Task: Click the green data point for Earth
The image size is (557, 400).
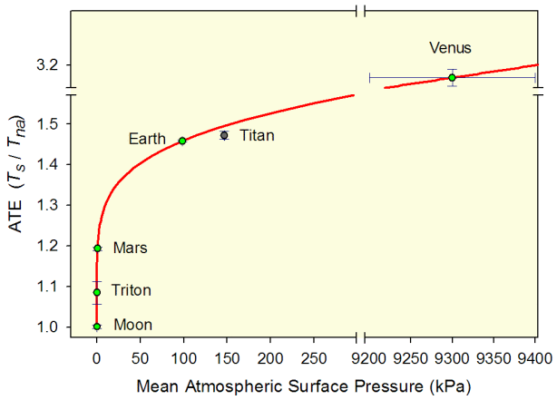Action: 182,141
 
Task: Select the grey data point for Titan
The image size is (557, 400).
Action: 224,135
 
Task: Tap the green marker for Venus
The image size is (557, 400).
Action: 452,77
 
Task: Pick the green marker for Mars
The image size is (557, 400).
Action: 97,248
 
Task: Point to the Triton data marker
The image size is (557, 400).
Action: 97,292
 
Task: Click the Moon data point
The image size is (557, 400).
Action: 97,326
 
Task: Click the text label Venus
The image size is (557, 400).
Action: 451,48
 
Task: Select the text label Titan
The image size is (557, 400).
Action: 257,135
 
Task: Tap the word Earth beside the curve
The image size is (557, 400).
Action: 147,139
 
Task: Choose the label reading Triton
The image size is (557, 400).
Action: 132,291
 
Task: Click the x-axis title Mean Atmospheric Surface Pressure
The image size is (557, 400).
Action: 304,385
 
